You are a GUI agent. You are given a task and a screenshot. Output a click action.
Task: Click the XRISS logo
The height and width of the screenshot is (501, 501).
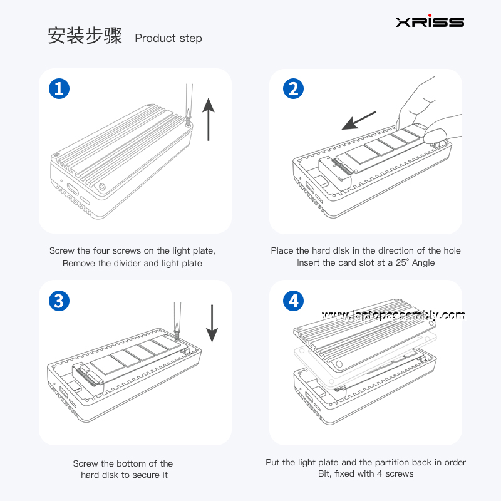click(x=430, y=22)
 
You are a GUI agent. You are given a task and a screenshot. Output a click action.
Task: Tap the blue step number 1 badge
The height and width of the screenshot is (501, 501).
click(x=59, y=89)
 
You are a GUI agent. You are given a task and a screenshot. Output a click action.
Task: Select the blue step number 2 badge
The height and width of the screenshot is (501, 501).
click(x=293, y=89)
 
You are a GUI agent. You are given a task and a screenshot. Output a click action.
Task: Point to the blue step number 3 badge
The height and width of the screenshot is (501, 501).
click(x=59, y=301)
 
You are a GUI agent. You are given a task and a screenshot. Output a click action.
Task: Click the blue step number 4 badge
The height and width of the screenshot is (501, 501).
click(x=293, y=301)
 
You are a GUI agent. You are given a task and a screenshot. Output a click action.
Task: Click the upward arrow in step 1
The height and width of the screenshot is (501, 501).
click(x=209, y=121)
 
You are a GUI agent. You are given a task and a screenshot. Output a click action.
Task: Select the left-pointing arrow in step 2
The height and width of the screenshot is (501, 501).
click(x=359, y=121)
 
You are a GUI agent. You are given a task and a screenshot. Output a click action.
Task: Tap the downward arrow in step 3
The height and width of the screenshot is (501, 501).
click(x=212, y=323)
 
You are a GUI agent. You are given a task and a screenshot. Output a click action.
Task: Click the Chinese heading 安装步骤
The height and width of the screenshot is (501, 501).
click(x=85, y=36)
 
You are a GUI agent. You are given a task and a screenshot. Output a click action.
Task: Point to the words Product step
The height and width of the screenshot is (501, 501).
click(x=168, y=38)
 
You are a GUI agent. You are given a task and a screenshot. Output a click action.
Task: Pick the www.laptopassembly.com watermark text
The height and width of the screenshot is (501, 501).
click(x=393, y=315)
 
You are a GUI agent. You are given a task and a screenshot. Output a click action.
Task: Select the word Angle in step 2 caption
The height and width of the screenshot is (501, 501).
click(x=423, y=263)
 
